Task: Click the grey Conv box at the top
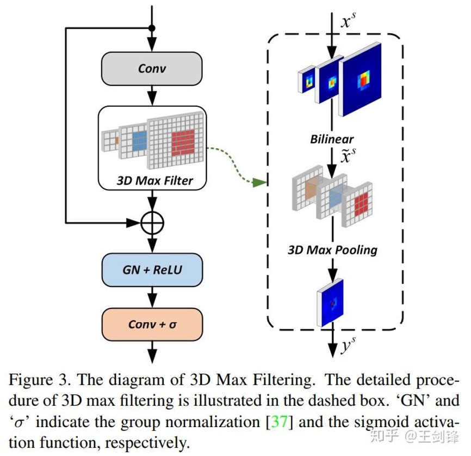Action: click(x=152, y=69)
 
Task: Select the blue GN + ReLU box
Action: click(x=152, y=270)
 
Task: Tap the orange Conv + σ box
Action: click(x=152, y=324)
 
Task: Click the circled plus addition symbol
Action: click(x=152, y=223)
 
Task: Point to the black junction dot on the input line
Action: click(x=152, y=28)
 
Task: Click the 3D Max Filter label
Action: click(x=154, y=180)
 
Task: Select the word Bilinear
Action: click(x=332, y=139)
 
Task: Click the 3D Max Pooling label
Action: click(x=332, y=250)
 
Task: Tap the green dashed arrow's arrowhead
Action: click(x=259, y=182)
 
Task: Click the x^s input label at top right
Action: click(x=348, y=21)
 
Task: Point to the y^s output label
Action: click(x=348, y=344)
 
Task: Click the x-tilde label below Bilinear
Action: click(x=348, y=155)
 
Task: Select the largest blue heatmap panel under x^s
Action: click(x=360, y=80)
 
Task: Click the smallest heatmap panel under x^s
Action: click(x=306, y=81)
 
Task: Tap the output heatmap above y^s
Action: click(x=331, y=303)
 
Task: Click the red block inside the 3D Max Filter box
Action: click(x=183, y=142)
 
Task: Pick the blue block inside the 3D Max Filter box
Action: click(x=140, y=141)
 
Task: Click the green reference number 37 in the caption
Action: click(x=280, y=422)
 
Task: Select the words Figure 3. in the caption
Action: click(x=40, y=380)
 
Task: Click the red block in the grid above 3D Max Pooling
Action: click(x=361, y=204)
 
